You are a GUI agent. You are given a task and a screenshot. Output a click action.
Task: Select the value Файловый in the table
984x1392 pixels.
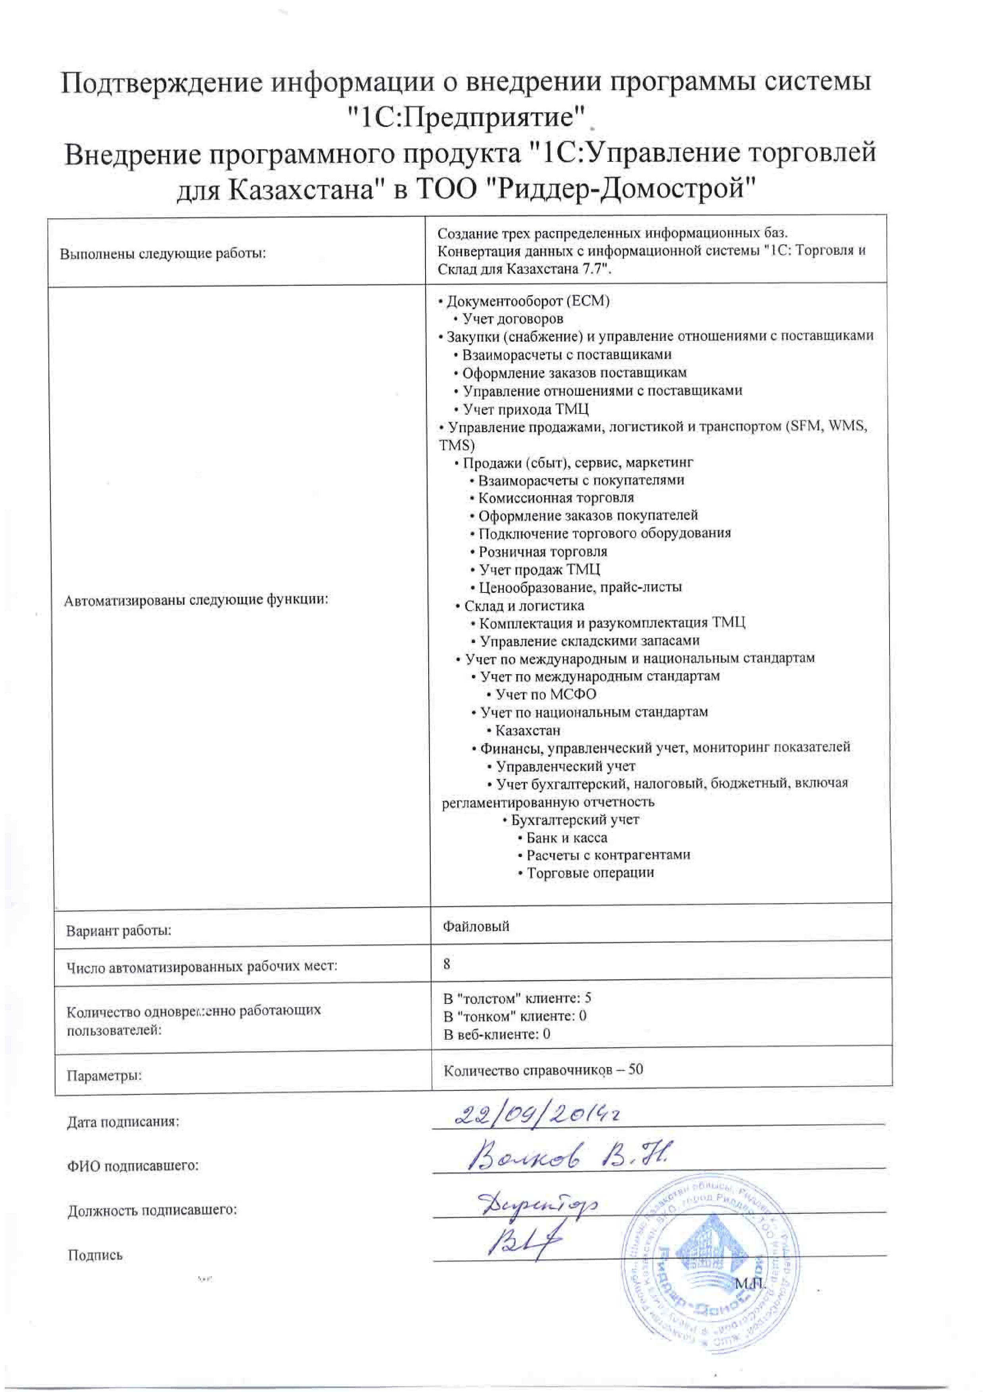(x=476, y=927)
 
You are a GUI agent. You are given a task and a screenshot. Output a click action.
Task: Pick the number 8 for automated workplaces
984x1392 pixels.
(x=447, y=963)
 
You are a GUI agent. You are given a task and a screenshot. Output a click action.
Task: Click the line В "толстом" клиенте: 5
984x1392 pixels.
(x=517, y=998)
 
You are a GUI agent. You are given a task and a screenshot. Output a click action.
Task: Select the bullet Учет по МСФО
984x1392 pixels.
(x=545, y=694)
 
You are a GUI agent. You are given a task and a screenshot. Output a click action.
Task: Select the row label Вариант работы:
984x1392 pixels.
(x=118, y=931)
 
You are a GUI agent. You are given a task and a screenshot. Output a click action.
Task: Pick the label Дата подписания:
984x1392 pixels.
(x=123, y=1122)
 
